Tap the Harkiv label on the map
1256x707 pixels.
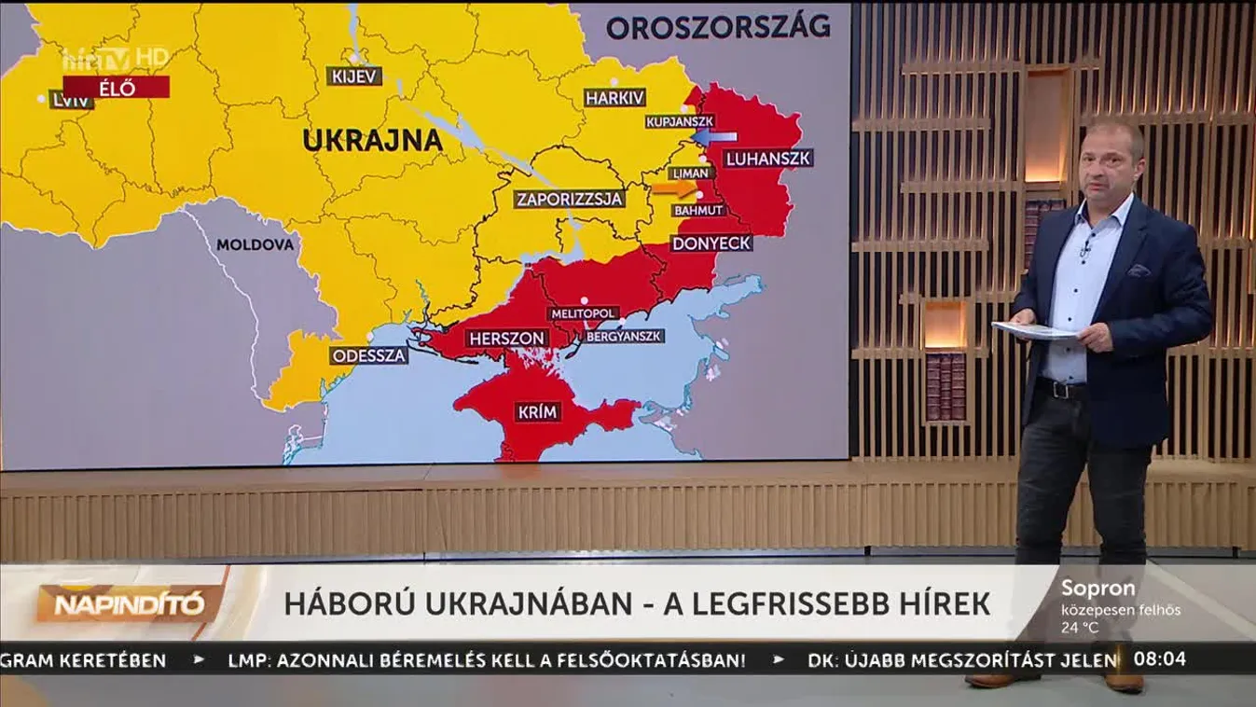coord(614,97)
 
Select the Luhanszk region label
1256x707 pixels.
coord(768,158)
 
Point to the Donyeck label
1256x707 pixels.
coord(711,243)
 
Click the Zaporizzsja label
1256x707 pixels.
coord(570,199)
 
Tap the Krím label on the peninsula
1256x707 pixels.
coord(537,411)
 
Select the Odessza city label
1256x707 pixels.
coord(368,354)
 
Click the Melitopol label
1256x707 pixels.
coord(584,313)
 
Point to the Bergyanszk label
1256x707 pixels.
coord(624,335)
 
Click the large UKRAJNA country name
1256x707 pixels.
coord(371,140)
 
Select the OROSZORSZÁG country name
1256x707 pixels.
coord(718,26)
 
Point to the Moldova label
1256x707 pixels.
coord(255,244)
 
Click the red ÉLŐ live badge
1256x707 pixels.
coord(117,88)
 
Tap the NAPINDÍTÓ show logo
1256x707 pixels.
coord(129,603)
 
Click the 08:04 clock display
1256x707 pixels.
coord(1161,658)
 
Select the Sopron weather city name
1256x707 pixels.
coord(1097,589)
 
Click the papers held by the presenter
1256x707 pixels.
coord(1032,329)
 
